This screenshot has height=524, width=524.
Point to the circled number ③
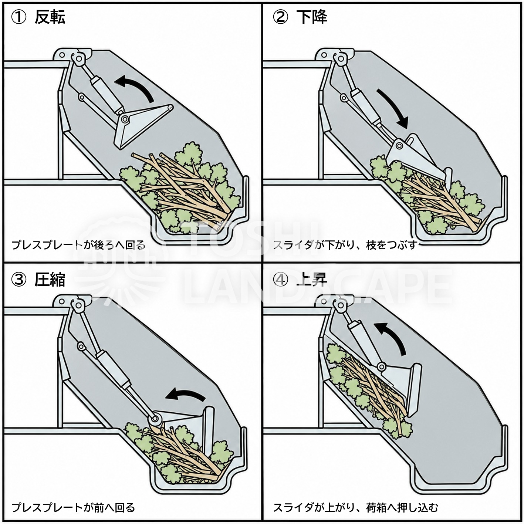tap(18, 280)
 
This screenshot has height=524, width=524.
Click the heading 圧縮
tap(50, 280)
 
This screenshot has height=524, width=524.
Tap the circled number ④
tap(280, 280)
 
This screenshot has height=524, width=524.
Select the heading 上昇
tap(312, 280)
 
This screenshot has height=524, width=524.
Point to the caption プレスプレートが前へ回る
tap(73, 507)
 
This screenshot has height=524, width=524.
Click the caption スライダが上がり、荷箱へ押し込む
tap(356, 507)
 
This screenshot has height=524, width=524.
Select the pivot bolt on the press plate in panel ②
tap(399, 146)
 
